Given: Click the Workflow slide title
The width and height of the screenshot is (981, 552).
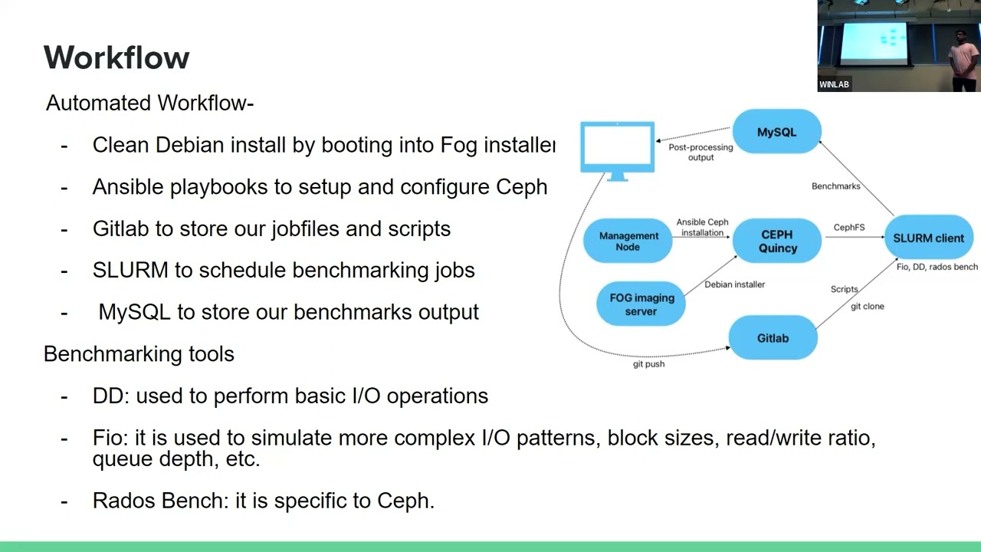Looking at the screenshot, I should tap(116, 58).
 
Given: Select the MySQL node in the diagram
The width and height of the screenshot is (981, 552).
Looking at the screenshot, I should tap(776, 132).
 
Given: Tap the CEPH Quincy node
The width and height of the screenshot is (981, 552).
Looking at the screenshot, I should tap(777, 242).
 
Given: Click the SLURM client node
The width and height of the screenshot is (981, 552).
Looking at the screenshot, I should tap(928, 238).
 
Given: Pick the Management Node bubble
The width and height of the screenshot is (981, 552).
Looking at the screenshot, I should tap(628, 242).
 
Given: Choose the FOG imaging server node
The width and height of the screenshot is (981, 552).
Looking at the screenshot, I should tap(641, 304).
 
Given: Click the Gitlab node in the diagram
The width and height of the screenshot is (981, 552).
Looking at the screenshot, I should tap(773, 338).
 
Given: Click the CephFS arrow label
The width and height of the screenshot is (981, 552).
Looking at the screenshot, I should tap(849, 228).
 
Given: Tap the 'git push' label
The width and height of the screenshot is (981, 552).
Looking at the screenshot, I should tap(648, 364).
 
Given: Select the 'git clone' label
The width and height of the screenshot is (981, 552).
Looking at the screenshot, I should tap(867, 307).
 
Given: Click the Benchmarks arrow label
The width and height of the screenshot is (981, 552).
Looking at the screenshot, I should tap(835, 186).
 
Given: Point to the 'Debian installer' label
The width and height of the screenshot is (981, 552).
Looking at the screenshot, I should tap(734, 284).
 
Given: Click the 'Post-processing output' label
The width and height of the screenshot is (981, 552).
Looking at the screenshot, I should tap(700, 152).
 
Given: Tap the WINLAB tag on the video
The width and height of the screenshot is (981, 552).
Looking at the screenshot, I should tap(834, 84).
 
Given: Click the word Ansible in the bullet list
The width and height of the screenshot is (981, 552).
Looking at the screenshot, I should tap(128, 187).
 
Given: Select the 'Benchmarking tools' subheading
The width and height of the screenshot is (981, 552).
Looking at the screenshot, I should tap(139, 354).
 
